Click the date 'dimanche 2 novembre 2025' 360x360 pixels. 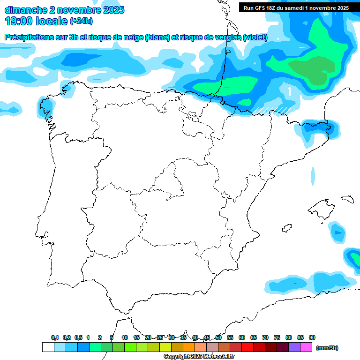(64, 10)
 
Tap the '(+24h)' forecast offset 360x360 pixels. (81, 21)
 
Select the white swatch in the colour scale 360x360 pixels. (48, 347)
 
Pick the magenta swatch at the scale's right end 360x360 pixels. (306, 347)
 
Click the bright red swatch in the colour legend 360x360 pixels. (247, 347)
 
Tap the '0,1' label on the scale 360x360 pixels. (55, 337)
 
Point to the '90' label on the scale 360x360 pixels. (312, 337)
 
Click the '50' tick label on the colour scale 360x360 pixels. (218, 337)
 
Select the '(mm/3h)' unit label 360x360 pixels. (327, 348)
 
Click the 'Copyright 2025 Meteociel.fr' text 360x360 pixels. (199, 356)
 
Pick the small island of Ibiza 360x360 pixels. (285, 228)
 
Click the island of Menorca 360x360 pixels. (347, 199)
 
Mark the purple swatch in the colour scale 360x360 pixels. (294, 347)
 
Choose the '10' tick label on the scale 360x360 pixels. (125, 337)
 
